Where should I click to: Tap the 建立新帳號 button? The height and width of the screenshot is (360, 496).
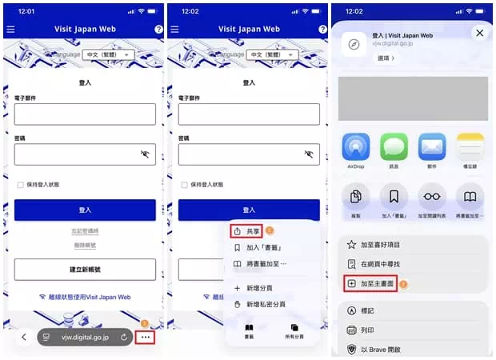tap(85, 269)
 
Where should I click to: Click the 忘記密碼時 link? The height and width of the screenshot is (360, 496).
tap(85, 231)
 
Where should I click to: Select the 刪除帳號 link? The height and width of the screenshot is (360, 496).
tap(85, 245)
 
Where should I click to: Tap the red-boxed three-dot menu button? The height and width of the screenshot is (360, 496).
tap(145, 337)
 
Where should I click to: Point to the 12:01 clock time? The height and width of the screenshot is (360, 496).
tap(26, 11)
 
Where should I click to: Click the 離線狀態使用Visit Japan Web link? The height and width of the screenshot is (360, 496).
tap(85, 297)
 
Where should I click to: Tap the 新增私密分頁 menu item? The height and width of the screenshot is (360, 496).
tap(267, 304)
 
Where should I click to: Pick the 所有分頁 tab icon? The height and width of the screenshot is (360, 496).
tap(294, 331)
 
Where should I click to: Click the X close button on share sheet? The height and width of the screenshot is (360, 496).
tap(478, 33)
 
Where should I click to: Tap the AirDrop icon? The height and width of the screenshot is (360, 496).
tap(356, 147)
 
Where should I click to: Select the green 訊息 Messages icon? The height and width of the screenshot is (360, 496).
tap(394, 147)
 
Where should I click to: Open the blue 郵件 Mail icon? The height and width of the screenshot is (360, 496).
tap(432, 147)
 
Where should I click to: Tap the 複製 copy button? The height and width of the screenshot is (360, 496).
tap(356, 197)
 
